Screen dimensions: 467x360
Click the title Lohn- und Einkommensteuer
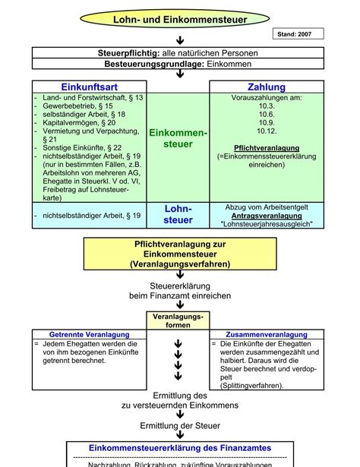(x=180, y=19)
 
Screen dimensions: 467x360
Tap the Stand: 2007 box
(x=298, y=33)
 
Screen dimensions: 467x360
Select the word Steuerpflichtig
(x=128, y=53)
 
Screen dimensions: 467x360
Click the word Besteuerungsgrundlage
(x=138, y=65)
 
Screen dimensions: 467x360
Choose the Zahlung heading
(x=267, y=87)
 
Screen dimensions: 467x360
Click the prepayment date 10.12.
(x=267, y=131)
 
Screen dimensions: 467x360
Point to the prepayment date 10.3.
(x=267, y=106)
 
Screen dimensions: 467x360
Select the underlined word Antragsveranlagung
(x=267, y=216)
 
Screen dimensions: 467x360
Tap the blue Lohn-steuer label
(x=178, y=214)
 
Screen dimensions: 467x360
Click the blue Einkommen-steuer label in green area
(x=178, y=138)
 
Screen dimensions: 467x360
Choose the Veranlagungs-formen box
(x=178, y=320)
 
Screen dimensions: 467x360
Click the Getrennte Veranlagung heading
(x=83, y=334)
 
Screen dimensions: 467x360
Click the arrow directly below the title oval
(x=180, y=39)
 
